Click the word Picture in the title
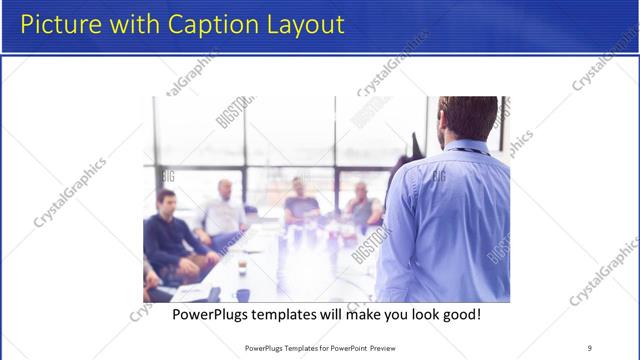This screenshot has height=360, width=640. [x=60, y=24]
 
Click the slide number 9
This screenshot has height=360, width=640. [x=589, y=347]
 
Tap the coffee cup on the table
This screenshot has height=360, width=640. [x=242, y=267]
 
